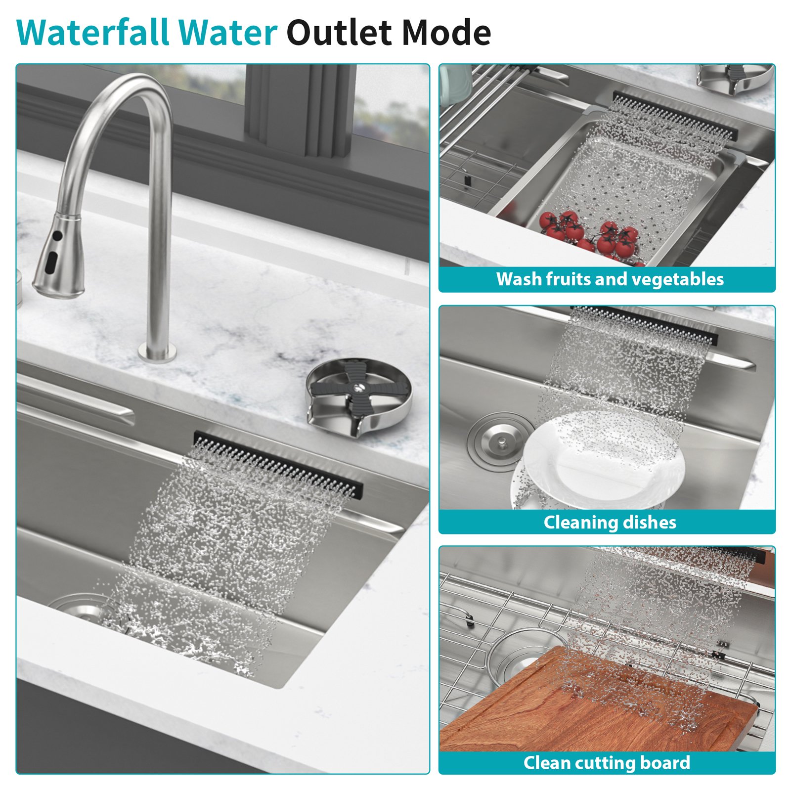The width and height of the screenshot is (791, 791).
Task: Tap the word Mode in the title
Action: [x=446, y=33]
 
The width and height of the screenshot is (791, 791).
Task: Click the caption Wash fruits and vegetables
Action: [x=610, y=279]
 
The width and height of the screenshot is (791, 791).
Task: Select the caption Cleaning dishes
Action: [x=610, y=522]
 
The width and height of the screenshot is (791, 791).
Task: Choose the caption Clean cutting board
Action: [x=607, y=762]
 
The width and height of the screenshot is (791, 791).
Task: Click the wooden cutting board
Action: [x=593, y=712]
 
